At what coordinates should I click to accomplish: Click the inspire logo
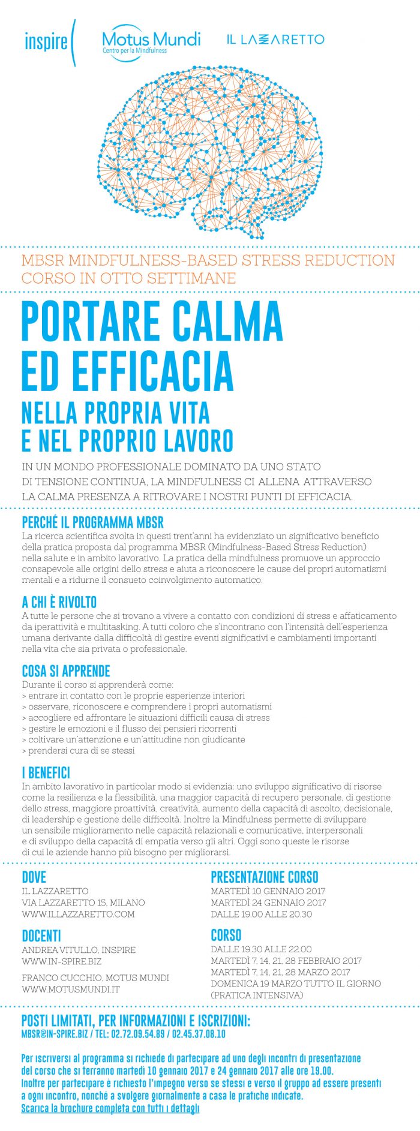tap(49, 42)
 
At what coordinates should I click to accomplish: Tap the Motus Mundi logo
tap(151, 42)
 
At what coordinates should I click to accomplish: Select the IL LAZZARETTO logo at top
tap(275, 40)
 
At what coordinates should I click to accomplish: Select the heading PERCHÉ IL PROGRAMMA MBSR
tap(92, 522)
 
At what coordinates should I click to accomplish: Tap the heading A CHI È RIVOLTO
tap(59, 602)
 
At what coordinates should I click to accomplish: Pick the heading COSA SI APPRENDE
tap(66, 671)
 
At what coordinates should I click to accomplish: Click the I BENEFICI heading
tap(46, 772)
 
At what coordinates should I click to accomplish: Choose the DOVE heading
tap(34, 877)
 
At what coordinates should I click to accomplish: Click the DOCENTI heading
tap(41, 936)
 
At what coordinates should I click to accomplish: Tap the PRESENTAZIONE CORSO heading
tap(264, 877)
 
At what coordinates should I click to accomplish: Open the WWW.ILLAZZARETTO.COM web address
tap(78, 914)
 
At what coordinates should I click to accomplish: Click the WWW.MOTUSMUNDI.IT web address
tap(71, 989)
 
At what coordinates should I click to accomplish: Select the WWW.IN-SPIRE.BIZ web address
tap(62, 961)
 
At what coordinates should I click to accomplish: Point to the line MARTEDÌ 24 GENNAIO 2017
tap(268, 903)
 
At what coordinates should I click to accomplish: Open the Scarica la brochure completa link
tap(110, 1109)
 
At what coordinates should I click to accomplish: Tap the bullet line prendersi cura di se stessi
tap(78, 750)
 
